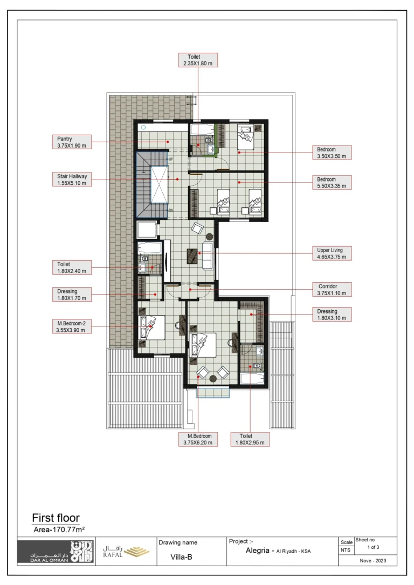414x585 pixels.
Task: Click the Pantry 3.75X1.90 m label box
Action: pyautogui.click(x=72, y=142)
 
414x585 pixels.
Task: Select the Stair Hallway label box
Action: pyautogui.click(x=72, y=179)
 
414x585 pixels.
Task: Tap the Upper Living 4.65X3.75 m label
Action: pyautogui.click(x=332, y=253)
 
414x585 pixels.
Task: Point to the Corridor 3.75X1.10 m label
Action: pyautogui.click(x=332, y=289)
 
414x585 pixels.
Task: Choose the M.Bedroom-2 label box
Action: pyautogui.click(x=72, y=326)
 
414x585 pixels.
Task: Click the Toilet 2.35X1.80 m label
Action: pyautogui.click(x=198, y=60)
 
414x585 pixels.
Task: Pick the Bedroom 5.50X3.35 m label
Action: pyautogui.click(x=332, y=183)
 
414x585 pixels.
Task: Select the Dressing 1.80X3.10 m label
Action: pyautogui.click(x=332, y=315)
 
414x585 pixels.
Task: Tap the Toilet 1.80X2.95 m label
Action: pyautogui.click(x=250, y=439)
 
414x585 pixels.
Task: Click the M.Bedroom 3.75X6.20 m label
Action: pyautogui.click(x=198, y=439)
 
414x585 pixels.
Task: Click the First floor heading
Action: pyautogui.click(x=56, y=518)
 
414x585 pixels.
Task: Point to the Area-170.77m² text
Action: pyautogui.click(x=59, y=530)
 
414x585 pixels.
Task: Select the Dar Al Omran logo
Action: pyautogui.click(x=56, y=552)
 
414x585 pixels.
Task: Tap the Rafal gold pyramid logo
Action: pyautogui.click(x=136, y=552)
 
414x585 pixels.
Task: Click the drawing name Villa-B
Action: pyautogui.click(x=182, y=557)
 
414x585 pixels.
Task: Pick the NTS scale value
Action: pyautogui.click(x=346, y=550)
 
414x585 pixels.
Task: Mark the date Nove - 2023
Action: pyautogui.click(x=373, y=560)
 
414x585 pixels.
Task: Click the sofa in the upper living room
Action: pyautogui.click(x=208, y=255)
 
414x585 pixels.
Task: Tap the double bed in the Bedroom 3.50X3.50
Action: pyautogui.click(x=245, y=138)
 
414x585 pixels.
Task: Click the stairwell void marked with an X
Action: pyautogui.click(x=160, y=185)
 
